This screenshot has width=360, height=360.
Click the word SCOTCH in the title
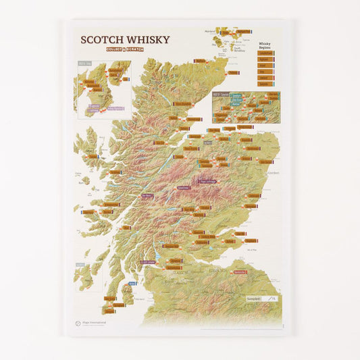point(101,40)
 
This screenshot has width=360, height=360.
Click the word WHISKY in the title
point(145,40)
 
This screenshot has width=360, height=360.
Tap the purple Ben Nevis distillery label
point(147,196)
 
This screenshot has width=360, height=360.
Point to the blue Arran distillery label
point(132,283)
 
